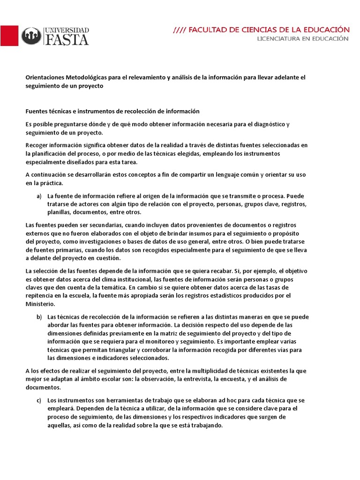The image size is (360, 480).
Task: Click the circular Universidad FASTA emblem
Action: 31,36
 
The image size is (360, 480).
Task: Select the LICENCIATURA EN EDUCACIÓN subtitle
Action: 302,39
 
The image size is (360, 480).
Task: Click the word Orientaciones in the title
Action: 45,78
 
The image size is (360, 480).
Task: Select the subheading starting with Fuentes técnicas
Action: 112,111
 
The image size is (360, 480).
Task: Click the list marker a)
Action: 39,195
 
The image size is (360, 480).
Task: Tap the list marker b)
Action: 39,317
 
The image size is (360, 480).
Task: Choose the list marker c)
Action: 39,400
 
